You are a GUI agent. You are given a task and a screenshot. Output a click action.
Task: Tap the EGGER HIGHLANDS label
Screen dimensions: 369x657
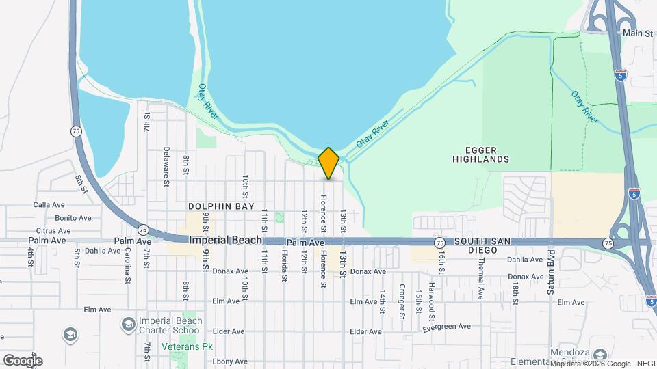click(481, 154)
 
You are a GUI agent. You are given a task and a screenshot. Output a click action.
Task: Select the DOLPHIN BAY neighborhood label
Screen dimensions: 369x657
click(222, 206)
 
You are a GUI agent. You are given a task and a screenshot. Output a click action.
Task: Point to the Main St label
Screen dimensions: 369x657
click(636, 32)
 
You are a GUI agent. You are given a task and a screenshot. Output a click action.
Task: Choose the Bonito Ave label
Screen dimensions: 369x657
click(73, 218)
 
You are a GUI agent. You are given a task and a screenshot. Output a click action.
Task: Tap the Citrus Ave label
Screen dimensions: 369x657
click(54, 231)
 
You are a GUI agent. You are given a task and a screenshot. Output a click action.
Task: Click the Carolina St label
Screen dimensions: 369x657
click(127, 265)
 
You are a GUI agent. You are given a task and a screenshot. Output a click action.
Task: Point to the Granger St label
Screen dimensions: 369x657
click(402, 301)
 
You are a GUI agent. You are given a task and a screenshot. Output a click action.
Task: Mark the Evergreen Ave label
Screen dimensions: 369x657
click(447, 327)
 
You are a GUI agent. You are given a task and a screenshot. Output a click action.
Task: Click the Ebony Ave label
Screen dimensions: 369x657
click(229, 361)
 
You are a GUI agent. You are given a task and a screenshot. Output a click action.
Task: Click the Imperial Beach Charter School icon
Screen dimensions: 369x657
click(128, 323)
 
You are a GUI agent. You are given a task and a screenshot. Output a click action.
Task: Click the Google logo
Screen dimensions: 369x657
click(23, 360)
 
